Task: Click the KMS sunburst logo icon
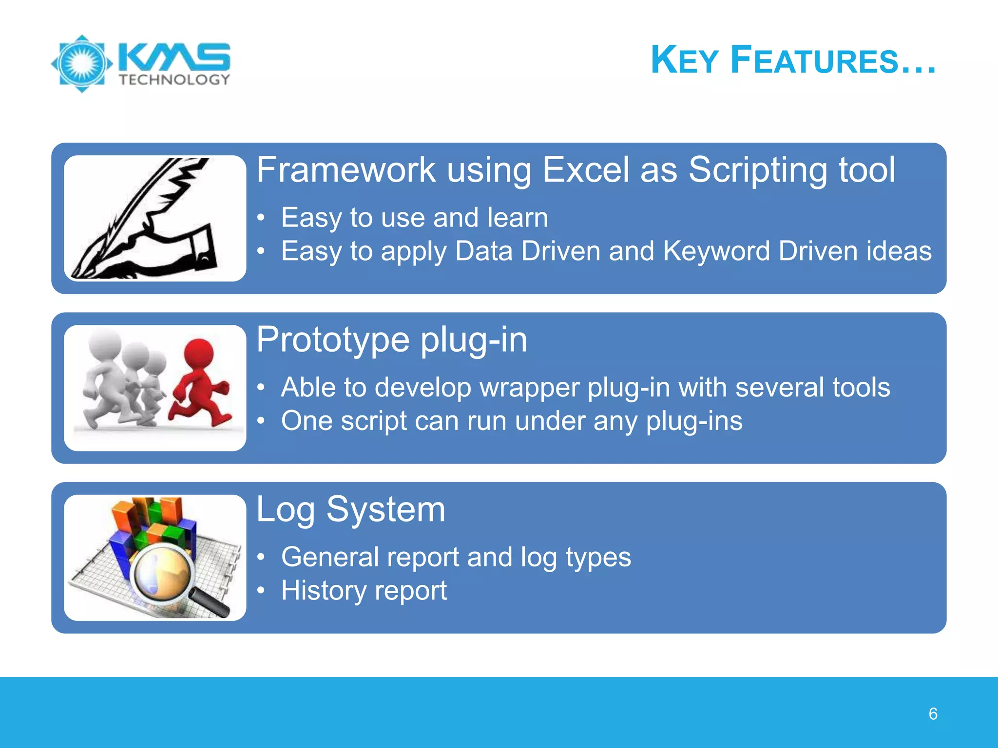(82, 63)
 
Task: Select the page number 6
(933, 714)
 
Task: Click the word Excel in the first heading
(586, 170)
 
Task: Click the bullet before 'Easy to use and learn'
(262, 218)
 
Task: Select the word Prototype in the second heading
(333, 340)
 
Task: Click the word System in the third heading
(385, 510)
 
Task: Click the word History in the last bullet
(323, 591)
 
